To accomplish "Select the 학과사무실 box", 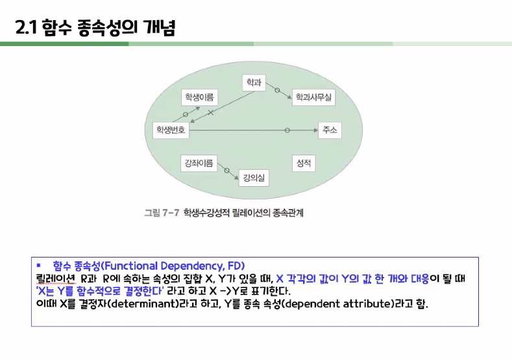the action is (313, 97).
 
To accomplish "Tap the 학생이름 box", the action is (199, 97).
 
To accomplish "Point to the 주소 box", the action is (329, 130).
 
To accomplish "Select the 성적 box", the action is (303, 163).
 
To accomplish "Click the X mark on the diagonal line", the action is (210, 113).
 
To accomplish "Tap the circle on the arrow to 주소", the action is (287, 130).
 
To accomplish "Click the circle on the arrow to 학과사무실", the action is (278, 90).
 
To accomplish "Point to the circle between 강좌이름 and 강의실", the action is (226, 171).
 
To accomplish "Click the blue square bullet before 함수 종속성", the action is (39, 265).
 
